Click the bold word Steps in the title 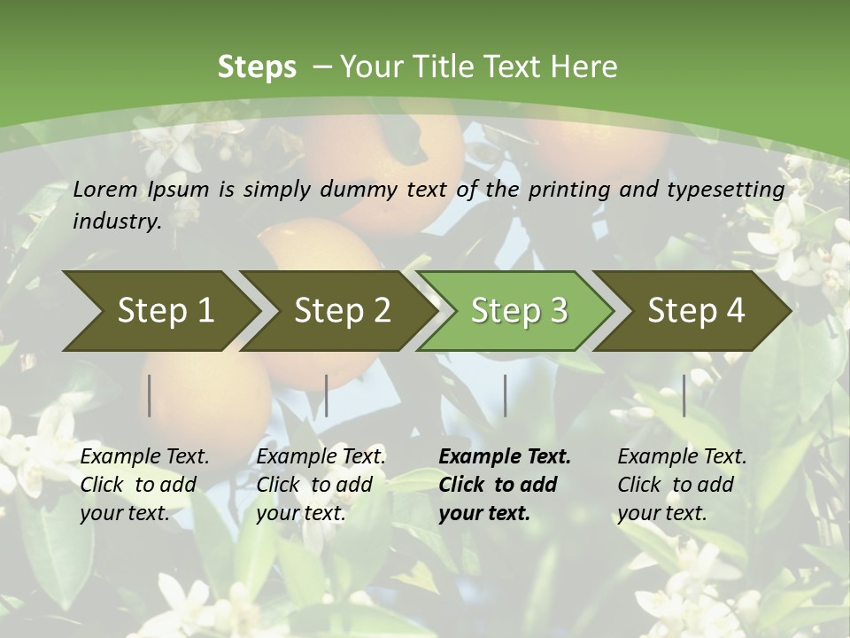[x=257, y=67]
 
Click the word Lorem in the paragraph [x=105, y=189]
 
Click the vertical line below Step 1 [x=150, y=395]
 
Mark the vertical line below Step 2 [x=327, y=395]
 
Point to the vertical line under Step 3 [x=505, y=395]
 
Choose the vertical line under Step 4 [x=684, y=395]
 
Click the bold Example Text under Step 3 [x=505, y=457]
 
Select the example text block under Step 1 [x=144, y=485]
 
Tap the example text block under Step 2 [x=321, y=485]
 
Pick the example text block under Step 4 [x=682, y=485]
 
